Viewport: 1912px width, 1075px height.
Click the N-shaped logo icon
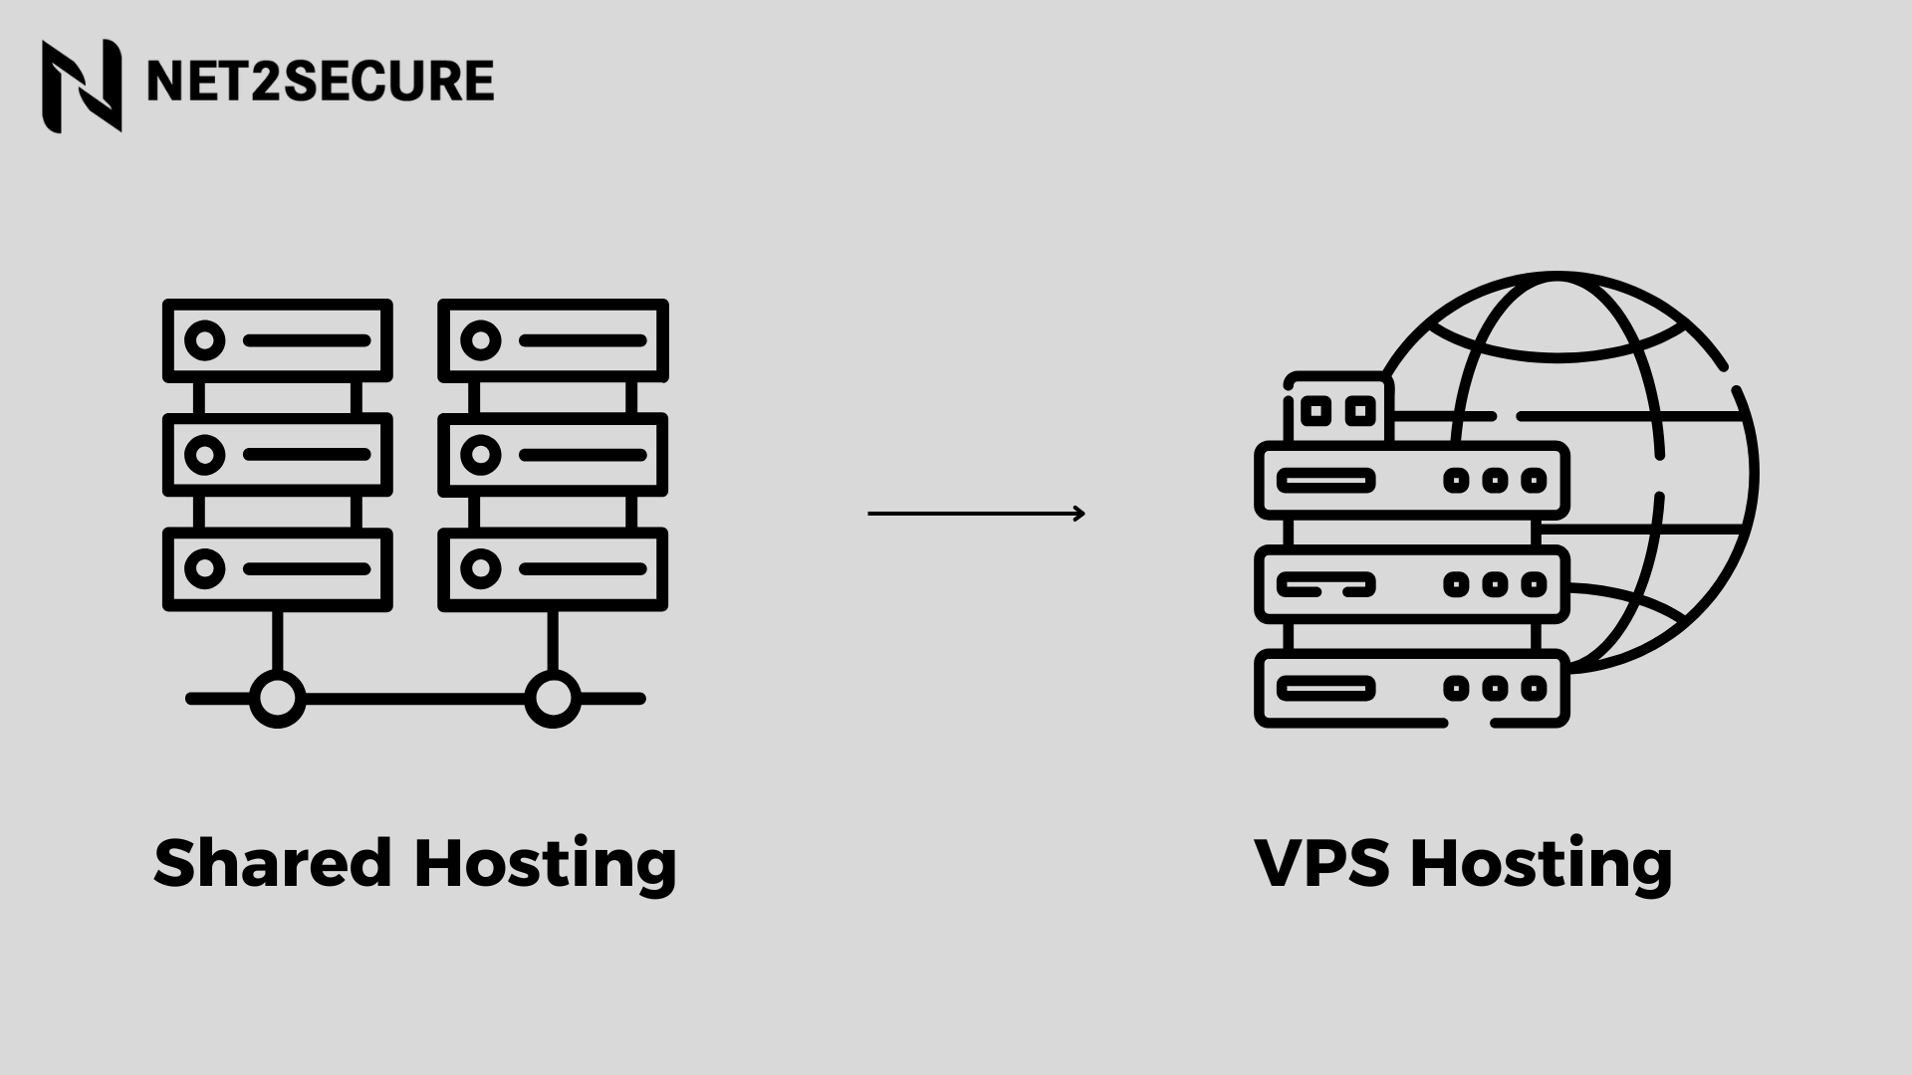(82, 86)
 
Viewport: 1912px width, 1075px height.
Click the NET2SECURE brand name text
(320, 82)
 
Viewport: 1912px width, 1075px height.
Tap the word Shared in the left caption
(273, 862)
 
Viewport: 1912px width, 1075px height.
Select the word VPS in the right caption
(1320, 862)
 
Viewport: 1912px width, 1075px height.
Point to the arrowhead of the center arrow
(1079, 514)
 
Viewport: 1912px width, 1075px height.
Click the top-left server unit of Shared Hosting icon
(278, 340)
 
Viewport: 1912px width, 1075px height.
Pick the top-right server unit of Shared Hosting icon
(553, 340)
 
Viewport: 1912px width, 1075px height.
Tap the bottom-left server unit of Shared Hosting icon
(278, 569)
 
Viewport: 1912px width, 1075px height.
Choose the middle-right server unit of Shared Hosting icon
(553, 455)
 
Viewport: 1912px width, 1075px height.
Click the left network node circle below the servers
(277, 699)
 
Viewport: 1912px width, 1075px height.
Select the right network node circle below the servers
(552, 699)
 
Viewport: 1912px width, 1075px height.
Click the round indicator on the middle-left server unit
(205, 455)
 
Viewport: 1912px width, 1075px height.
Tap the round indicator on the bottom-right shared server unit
(481, 569)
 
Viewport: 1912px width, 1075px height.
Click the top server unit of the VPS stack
(1411, 481)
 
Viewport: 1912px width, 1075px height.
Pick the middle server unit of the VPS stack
(1411, 584)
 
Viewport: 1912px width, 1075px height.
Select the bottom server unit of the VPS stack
(1411, 688)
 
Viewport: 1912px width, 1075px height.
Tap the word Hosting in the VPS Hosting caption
(1541, 864)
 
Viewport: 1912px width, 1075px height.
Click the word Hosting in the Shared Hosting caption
(545, 864)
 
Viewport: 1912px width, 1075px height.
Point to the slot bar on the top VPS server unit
(1325, 481)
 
